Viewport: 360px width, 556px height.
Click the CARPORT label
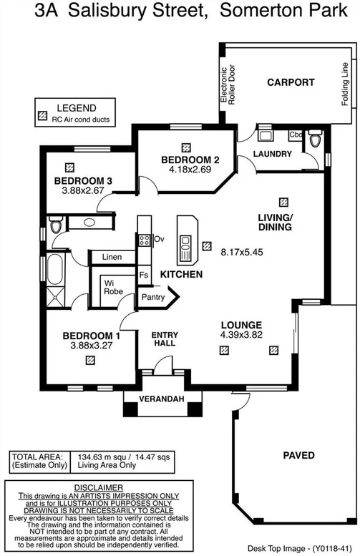pyautogui.click(x=291, y=82)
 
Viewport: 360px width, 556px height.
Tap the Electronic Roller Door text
pyautogui.click(x=227, y=84)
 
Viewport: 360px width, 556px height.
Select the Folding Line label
pyautogui.click(x=345, y=84)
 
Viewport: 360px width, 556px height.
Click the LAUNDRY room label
pyautogui.click(x=273, y=154)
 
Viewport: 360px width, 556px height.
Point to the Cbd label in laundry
pyautogui.click(x=296, y=135)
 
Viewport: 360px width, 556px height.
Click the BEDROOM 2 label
pyautogui.click(x=185, y=160)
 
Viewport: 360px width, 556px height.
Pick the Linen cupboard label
pyautogui.click(x=111, y=256)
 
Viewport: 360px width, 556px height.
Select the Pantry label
pyautogui.click(x=153, y=297)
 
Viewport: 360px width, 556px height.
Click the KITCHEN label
pyautogui.click(x=181, y=274)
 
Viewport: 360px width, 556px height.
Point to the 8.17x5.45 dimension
pyautogui.click(x=241, y=253)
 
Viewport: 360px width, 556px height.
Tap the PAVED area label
pyautogui.click(x=298, y=455)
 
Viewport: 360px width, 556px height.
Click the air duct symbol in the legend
pyautogui.click(x=43, y=119)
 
